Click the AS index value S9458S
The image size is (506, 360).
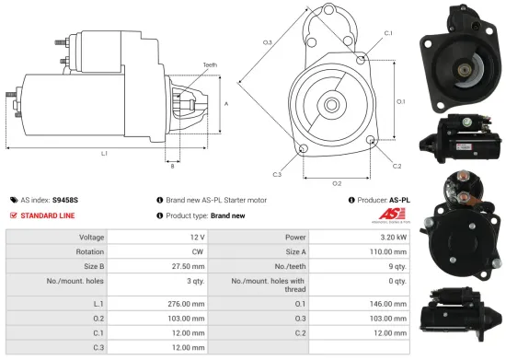65,199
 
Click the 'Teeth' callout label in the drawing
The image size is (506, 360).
211,65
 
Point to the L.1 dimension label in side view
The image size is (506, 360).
104,152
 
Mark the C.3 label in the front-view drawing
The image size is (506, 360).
277,174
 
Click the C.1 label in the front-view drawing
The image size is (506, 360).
387,33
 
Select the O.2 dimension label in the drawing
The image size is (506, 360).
337,183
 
